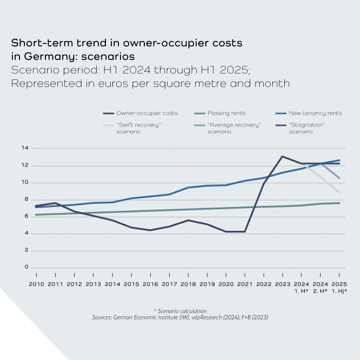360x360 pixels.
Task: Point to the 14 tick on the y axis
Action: point(24,148)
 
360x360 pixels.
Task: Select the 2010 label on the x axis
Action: point(36,284)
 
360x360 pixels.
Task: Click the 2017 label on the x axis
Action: point(169,284)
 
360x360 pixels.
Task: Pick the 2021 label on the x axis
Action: point(244,284)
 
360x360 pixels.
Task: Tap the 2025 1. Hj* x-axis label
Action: point(339,287)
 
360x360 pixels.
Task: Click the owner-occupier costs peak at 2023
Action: point(282,156)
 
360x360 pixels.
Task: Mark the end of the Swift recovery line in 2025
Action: point(339,192)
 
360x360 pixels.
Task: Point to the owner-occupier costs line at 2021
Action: point(244,232)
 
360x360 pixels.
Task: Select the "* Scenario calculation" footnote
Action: point(180,311)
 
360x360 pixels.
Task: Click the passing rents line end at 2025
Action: point(339,203)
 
